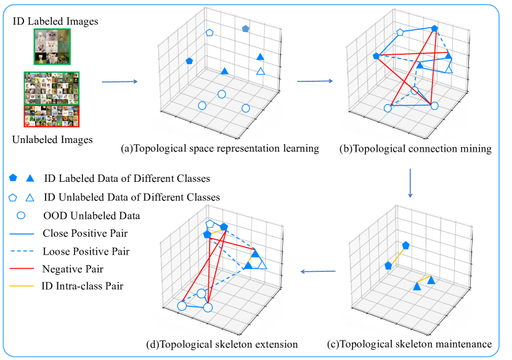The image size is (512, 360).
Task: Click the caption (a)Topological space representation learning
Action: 219,149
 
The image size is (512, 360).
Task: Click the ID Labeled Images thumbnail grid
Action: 52,47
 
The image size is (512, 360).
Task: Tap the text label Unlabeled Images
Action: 52,140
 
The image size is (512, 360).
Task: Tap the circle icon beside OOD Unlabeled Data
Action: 21,216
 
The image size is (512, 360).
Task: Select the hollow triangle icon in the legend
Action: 29,197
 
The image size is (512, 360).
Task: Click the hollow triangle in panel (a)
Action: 260,72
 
